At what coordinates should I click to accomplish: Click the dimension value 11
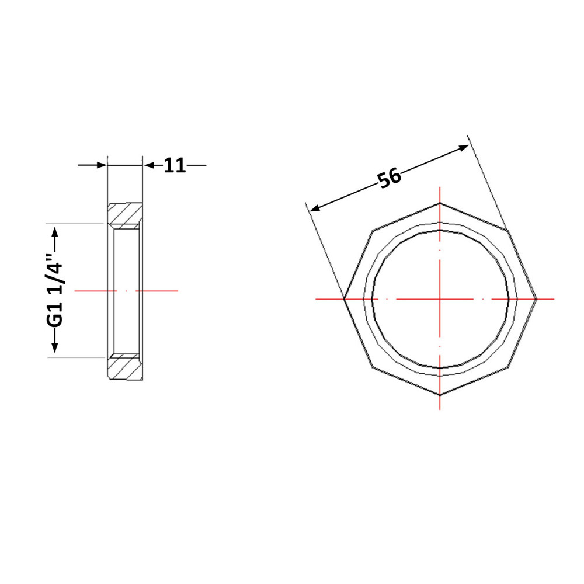click(174, 165)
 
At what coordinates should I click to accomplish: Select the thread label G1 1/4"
click(55, 290)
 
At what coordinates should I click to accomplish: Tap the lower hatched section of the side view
click(125, 367)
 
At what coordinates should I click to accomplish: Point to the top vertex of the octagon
click(440, 203)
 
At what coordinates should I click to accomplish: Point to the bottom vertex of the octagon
click(440, 395)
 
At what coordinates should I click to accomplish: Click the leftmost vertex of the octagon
click(344, 298)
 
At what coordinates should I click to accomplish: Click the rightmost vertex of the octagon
click(536, 298)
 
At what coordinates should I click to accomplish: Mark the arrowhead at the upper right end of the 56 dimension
click(464, 148)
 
